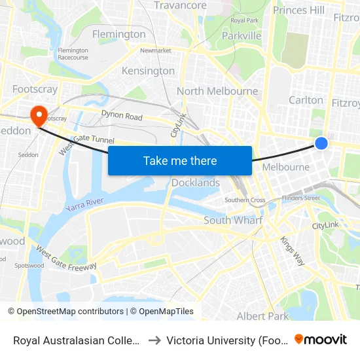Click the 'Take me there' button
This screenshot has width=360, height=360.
pyautogui.click(x=180, y=160)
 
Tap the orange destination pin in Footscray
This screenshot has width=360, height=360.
pyautogui.click(x=39, y=116)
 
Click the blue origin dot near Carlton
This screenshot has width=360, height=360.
pyautogui.click(x=321, y=143)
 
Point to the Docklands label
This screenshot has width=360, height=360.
pyautogui.click(x=196, y=183)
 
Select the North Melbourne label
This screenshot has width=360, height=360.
pyautogui.click(x=217, y=91)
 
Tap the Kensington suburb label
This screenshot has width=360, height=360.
pyautogui.click(x=149, y=71)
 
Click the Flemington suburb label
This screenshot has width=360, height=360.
pyautogui.click(x=119, y=34)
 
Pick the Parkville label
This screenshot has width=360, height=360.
pyautogui.click(x=242, y=35)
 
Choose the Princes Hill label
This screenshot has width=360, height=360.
pyautogui.click(x=298, y=10)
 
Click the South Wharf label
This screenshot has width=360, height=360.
pyautogui.click(x=233, y=220)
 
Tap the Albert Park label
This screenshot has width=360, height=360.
pyautogui.click(x=262, y=316)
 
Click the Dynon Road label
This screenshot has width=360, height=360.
pyautogui.click(x=122, y=117)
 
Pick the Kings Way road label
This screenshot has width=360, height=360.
pyautogui.click(x=293, y=251)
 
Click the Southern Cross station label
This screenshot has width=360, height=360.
pyautogui.click(x=245, y=200)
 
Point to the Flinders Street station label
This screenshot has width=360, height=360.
pyautogui.click(x=300, y=197)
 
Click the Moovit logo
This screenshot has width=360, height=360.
pyautogui.click(x=321, y=339)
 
